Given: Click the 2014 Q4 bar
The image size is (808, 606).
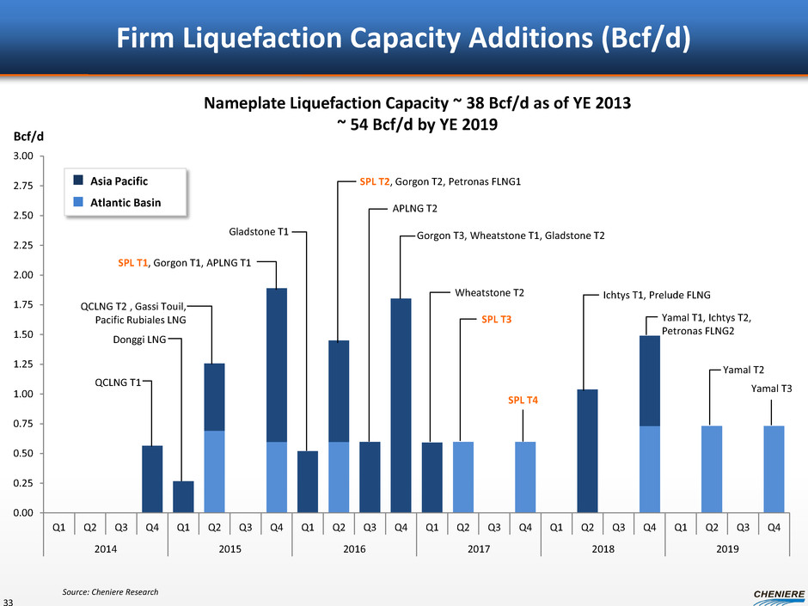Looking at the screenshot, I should pos(152,479).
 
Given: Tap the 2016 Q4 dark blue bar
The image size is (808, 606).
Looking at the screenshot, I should pos(401,405).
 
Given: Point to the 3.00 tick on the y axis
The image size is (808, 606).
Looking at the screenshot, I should pos(22,156).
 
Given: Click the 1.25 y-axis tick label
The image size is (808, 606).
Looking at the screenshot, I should pos(22,364).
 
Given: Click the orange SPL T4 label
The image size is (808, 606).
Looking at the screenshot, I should pos(525,401).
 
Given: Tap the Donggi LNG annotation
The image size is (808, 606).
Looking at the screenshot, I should pos(139,340).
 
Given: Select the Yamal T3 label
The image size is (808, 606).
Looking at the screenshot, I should pos(771,389).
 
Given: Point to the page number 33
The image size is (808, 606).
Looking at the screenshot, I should pos(8,601).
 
